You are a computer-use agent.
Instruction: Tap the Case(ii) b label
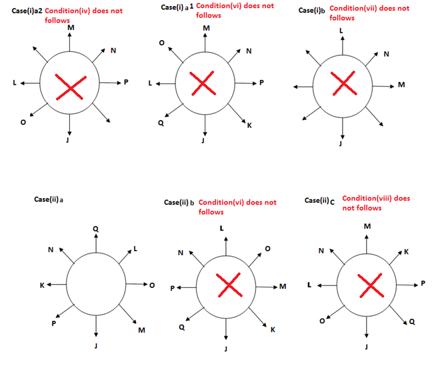[x=179, y=203]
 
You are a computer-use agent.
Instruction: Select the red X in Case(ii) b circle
[x=229, y=286]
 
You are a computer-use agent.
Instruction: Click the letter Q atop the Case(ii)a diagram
[x=96, y=229]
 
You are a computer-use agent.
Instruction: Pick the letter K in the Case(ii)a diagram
[x=42, y=285]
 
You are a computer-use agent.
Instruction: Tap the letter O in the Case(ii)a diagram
[x=151, y=285]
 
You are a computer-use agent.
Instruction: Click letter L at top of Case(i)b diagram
[x=342, y=31]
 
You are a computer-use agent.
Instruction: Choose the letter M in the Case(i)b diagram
[x=401, y=85]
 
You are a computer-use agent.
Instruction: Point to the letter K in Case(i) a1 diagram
[x=249, y=125]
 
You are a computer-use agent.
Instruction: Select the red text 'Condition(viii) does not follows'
[x=377, y=203]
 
